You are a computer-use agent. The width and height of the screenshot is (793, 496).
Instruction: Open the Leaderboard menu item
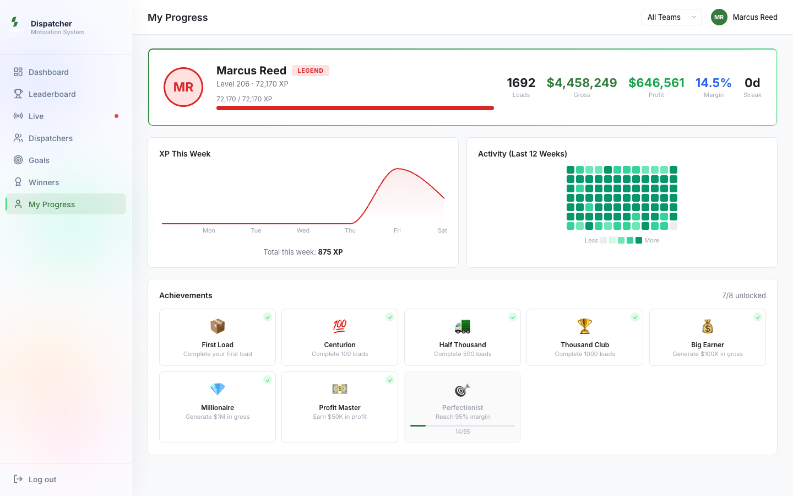point(52,94)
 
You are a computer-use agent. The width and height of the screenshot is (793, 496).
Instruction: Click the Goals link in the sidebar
point(39,160)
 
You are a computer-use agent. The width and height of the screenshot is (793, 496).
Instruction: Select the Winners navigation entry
point(44,182)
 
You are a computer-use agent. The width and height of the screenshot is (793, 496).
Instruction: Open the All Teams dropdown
point(672,18)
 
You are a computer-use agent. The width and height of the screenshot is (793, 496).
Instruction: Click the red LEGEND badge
point(311,71)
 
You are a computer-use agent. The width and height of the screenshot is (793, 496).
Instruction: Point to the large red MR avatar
point(183,87)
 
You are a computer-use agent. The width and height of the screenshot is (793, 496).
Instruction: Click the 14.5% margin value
point(713,83)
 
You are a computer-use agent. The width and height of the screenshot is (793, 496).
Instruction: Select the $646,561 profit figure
point(656,83)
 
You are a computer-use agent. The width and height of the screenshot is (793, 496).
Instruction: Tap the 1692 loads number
point(521,83)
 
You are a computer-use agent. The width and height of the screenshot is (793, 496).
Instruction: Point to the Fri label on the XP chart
point(397,230)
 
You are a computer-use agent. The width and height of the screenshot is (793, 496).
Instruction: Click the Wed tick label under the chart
point(303,230)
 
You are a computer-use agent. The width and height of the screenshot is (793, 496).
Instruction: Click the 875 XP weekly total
point(330,252)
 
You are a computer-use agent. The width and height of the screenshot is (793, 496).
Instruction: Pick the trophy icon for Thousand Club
point(584,326)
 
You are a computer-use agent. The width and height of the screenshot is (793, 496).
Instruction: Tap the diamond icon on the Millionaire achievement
point(218,389)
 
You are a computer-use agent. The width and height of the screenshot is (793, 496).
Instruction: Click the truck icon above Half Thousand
point(463,326)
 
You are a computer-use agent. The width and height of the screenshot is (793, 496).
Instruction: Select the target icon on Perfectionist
point(463,390)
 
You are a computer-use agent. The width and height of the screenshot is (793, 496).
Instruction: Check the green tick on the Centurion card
point(390,317)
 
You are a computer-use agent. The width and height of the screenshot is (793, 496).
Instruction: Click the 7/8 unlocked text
point(744,295)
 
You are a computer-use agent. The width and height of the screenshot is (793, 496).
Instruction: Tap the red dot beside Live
point(117,116)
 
